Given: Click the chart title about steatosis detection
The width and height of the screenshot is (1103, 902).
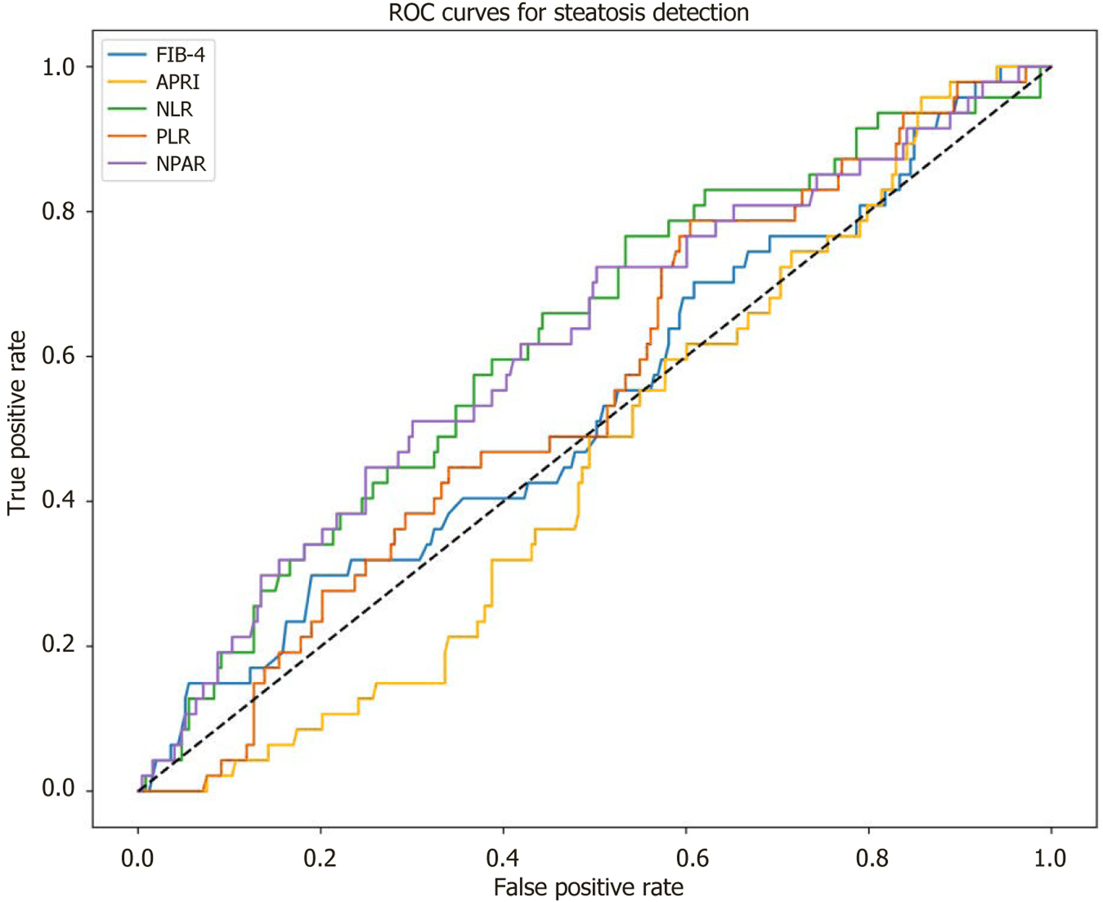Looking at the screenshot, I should (569, 12).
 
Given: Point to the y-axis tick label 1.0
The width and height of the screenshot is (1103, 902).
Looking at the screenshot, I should (58, 67).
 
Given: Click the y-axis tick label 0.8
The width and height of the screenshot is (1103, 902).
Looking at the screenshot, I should (58, 212).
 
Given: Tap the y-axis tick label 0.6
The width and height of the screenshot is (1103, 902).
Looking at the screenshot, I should (58, 356).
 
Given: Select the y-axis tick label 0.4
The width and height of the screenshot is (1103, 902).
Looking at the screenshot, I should (58, 501).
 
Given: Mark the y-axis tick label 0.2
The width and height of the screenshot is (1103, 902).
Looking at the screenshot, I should (58, 645).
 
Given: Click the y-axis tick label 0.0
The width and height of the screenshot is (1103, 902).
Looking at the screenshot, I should (58, 789).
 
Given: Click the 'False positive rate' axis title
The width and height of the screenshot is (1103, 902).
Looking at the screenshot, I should (589, 888).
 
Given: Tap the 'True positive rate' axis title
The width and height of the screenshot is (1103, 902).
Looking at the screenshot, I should (17, 422).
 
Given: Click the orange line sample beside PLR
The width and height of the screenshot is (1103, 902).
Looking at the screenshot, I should (127, 136).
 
